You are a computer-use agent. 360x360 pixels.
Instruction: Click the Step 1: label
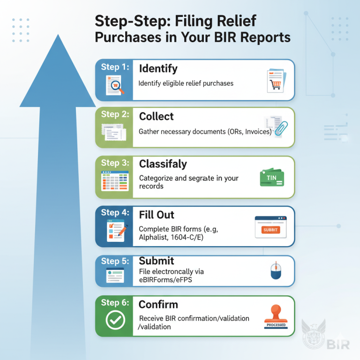point(114,67)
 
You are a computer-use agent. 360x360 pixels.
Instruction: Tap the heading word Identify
point(158,68)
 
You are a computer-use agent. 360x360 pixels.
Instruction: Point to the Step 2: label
point(114,114)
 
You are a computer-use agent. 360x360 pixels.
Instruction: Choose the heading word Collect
point(156,116)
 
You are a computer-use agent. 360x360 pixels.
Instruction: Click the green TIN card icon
point(271,178)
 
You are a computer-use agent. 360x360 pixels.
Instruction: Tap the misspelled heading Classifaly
point(163,164)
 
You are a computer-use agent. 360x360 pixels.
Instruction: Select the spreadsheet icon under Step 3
point(114,180)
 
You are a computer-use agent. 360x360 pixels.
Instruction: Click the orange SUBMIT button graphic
point(271,230)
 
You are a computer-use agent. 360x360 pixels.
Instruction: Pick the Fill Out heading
point(157,215)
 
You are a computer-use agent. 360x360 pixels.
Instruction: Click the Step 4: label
point(114,212)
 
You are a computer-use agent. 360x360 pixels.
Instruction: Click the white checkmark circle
point(114,321)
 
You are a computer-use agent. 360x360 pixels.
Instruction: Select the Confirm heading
point(158,305)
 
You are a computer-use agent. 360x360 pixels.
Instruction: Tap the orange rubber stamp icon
point(275,315)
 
